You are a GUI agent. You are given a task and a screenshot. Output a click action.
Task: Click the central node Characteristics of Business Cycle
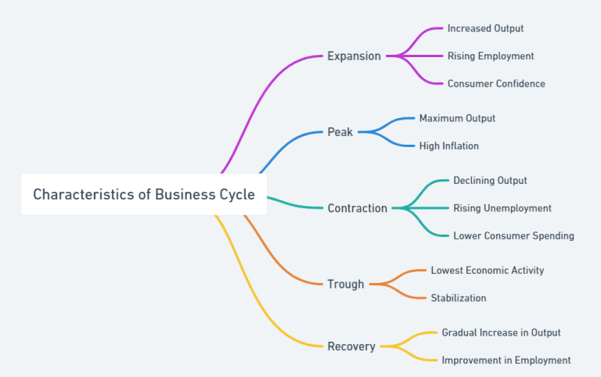[x=144, y=195]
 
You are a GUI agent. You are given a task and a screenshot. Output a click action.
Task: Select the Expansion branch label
[x=354, y=56]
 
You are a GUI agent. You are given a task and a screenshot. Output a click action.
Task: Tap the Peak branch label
[x=340, y=132]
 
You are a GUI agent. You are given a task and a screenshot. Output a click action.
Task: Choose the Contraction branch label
[x=357, y=208]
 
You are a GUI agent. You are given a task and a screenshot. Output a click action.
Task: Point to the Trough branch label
[x=345, y=284]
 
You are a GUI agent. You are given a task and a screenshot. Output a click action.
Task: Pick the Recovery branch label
[x=351, y=346]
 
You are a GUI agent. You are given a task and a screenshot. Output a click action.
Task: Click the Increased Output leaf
[x=485, y=29]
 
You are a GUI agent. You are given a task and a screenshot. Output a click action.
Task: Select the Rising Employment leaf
[x=491, y=56]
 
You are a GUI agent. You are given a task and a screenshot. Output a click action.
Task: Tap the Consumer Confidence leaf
[x=496, y=84]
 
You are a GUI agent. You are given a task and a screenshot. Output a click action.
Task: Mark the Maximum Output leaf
[x=457, y=118]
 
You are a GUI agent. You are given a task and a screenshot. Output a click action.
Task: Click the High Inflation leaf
[x=448, y=145]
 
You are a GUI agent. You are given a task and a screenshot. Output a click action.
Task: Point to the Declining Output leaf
[x=490, y=181]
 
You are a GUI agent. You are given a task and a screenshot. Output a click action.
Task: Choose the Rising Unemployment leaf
[x=502, y=208]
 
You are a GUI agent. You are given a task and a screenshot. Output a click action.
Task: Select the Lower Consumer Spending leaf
[x=513, y=235]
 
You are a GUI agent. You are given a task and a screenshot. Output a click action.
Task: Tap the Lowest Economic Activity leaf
[x=487, y=271]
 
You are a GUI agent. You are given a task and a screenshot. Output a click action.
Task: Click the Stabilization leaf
[x=458, y=298]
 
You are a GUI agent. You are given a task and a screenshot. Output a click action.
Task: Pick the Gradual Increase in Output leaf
[x=501, y=332]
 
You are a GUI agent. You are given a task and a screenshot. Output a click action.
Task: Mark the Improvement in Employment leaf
[x=506, y=361]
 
